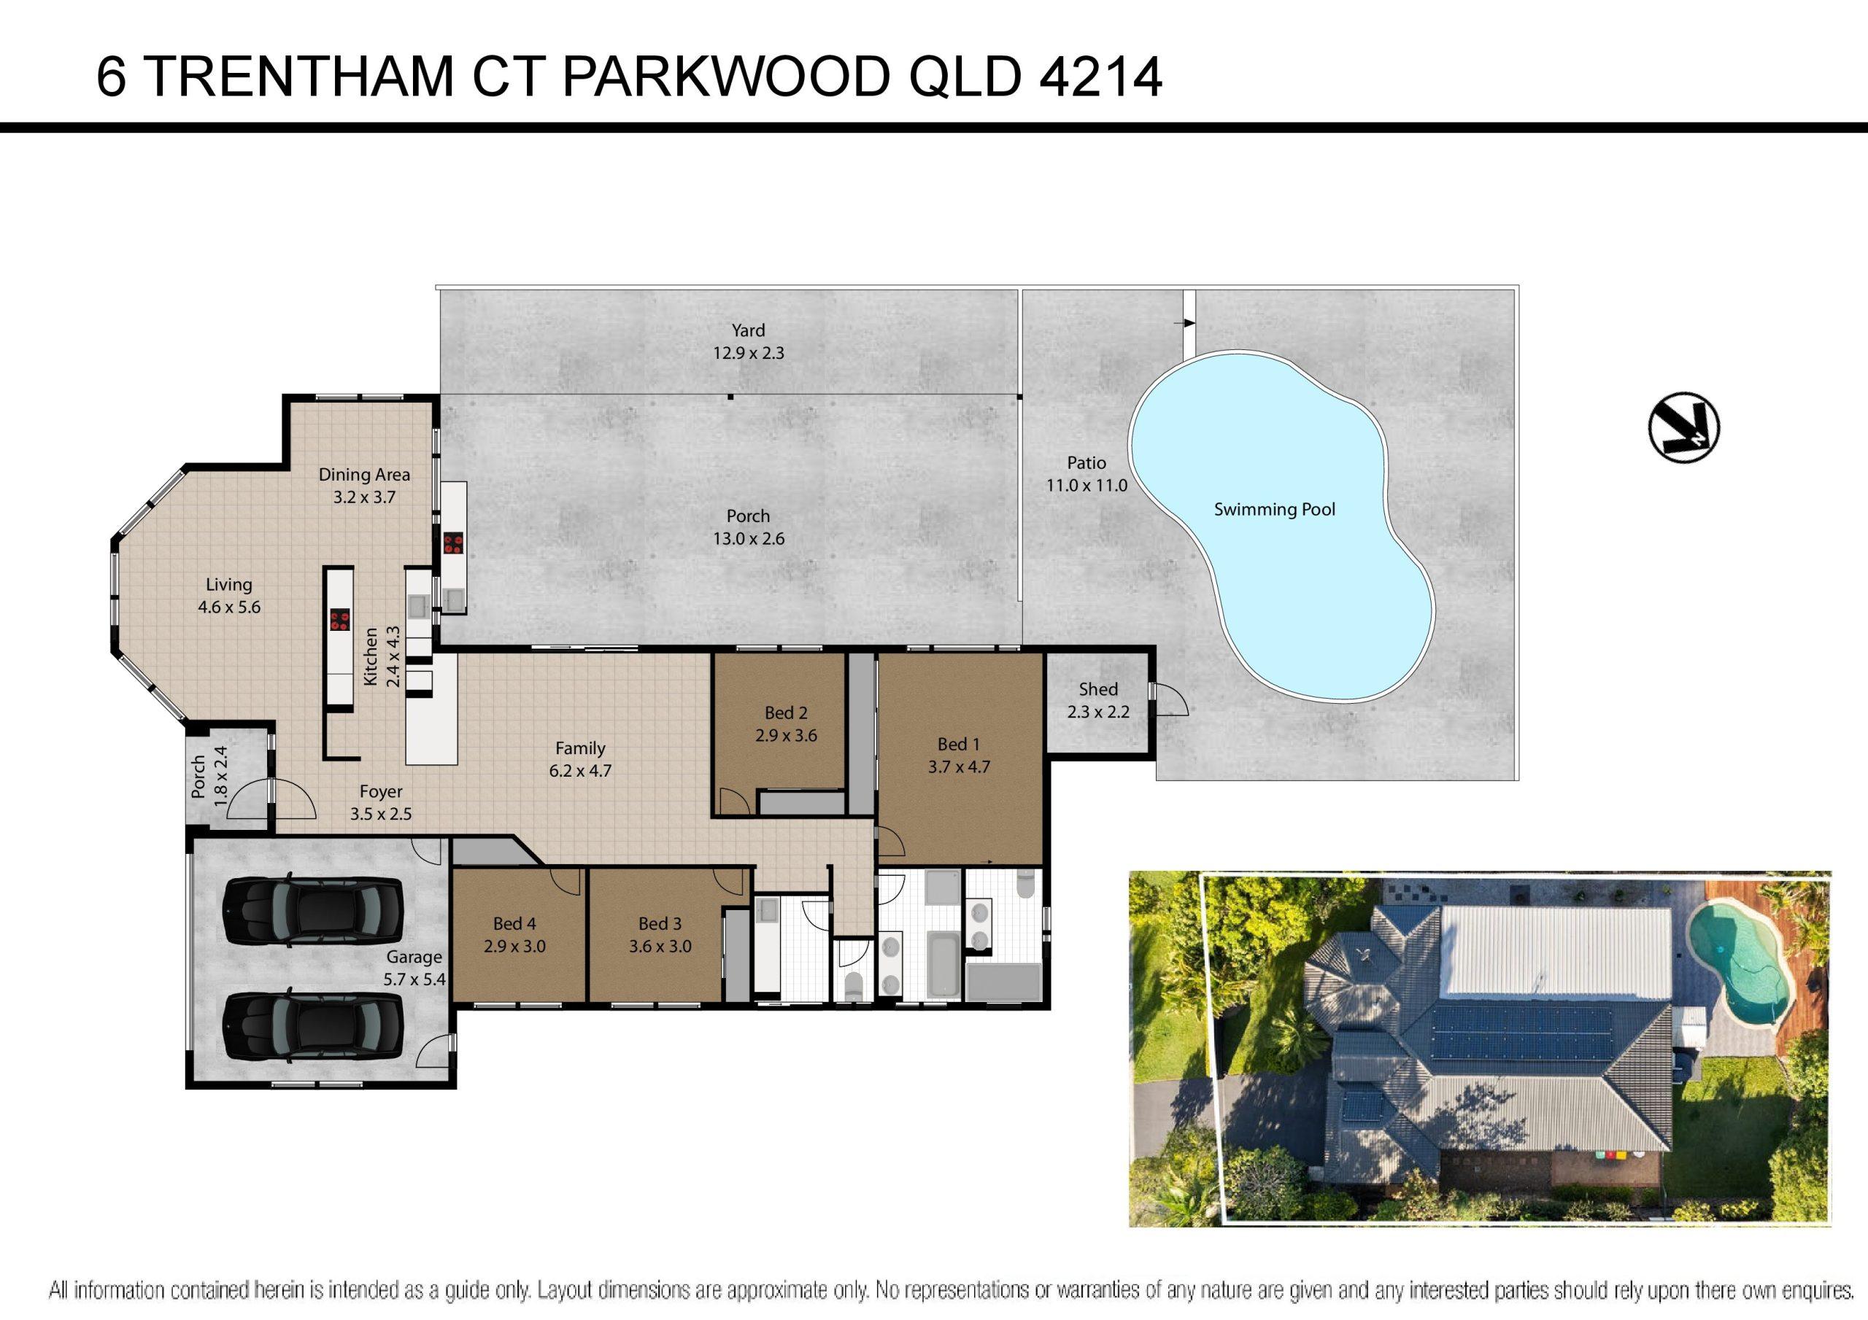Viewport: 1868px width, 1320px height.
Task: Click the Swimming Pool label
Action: click(x=1274, y=510)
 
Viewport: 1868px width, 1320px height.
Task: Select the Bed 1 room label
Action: click(x=958, y=744)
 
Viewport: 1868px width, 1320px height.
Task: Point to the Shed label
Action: click(x=1097, y=689)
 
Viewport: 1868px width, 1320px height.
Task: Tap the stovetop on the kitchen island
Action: click(x=339, y=621)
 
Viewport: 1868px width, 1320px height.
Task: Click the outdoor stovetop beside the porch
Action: click(x=453, y=543)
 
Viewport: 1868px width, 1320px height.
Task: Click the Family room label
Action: click(x=580, y=748)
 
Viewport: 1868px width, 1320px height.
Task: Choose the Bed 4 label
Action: click(x=514, y=923)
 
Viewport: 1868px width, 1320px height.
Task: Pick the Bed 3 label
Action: click(x=660, y=923)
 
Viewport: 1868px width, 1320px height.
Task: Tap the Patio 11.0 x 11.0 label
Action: click(x=1087, y=474)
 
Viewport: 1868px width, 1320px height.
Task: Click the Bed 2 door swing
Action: click(x=733, y=802)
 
